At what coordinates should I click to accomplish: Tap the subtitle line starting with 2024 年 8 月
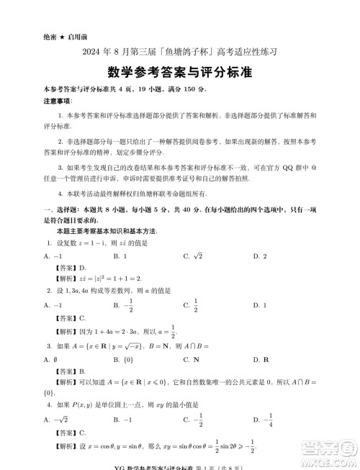tap(180, 52)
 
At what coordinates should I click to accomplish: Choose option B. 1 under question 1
tap(120, 256)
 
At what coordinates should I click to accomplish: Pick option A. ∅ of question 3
tap(46, 359)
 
